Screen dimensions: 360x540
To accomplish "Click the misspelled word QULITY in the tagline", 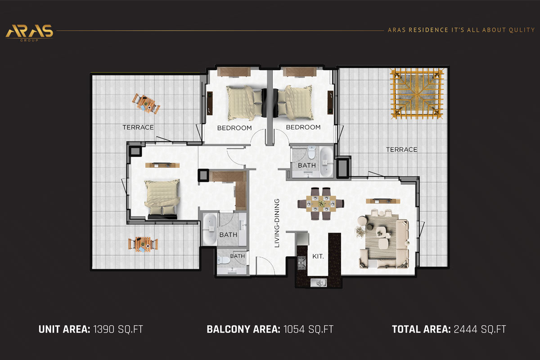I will (522, 30).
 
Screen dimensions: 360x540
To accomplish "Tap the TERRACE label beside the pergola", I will (401, 149).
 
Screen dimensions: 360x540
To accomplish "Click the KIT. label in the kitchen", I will (318, 256).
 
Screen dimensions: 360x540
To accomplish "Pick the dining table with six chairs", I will (321, 203).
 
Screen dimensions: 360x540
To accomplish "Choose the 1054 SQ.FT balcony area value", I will (308, 329).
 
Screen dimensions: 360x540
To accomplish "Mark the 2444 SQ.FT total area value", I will (479, 329).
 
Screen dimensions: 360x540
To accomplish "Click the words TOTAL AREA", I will (421, 329).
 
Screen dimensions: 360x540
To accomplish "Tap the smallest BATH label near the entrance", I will (237, 256).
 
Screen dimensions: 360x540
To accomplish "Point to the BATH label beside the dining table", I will (307, 165).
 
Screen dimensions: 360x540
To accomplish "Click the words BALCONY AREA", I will (244, 329).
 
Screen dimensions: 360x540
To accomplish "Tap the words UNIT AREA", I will (64, 329).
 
